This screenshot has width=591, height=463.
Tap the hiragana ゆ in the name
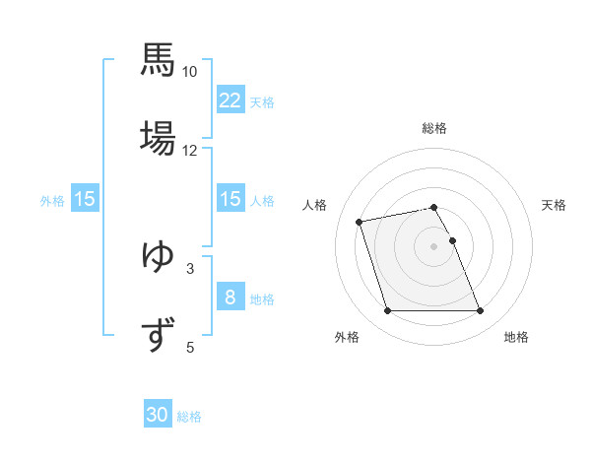(158, 255)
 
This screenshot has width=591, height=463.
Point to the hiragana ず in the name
(158, 334)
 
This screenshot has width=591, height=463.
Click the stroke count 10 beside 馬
(190, 72)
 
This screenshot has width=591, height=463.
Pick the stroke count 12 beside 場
(190, 151)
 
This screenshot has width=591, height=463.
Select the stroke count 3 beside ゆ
(190, 268)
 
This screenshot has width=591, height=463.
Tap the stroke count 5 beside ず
(190, 347)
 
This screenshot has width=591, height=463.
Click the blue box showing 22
(230, 100)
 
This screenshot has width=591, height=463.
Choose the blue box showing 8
(230, 298)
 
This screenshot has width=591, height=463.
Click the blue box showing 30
(158, 416)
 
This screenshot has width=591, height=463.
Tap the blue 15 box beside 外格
(85, 199)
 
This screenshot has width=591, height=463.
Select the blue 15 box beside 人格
(230, 199)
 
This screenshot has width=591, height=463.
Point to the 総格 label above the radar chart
(434, 128)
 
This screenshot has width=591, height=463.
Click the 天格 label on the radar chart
(555, 205)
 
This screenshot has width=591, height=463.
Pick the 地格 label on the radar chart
(516, 337)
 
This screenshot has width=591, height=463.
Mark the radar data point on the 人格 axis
(360, 221)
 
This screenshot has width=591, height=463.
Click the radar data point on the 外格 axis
(387, 311)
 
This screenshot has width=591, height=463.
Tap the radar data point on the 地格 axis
(480, 311)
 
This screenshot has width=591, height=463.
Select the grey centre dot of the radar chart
(434, 246)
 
